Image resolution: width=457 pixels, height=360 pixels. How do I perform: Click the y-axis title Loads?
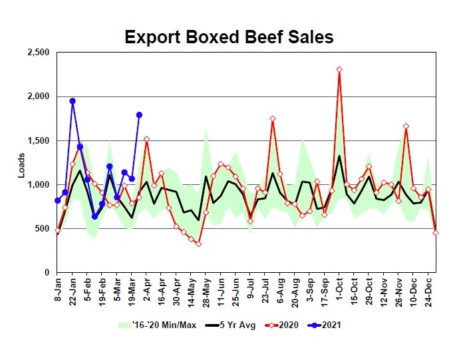click(x=21, y=163)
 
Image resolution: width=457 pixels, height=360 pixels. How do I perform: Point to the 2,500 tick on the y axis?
click(x=37, y=53)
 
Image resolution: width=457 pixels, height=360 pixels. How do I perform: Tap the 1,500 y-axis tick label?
click(x=37, y=140)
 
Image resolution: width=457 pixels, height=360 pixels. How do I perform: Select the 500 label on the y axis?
click(x=42, y=229)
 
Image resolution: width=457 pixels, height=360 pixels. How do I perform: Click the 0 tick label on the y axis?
click(x=47, y=273)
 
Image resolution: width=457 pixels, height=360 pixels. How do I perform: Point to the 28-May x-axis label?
click(x=206, y=292)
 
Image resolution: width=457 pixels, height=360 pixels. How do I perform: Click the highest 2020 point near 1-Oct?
click(x=339, y=69)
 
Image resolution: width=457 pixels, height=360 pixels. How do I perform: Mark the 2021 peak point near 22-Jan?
click(x=73, y=101)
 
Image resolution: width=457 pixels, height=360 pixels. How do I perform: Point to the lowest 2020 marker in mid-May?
click(x=198, y=244)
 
